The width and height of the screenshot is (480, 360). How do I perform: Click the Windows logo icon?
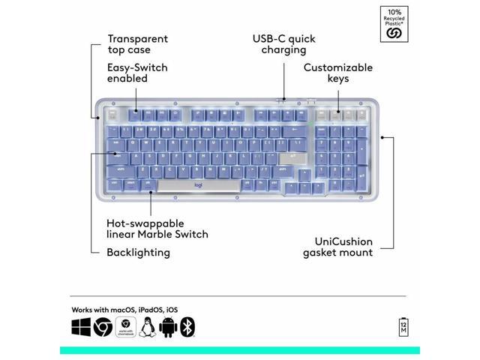click(81, 327)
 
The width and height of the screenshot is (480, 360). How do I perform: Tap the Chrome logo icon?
click(103, 327)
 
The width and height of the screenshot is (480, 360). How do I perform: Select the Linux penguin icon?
click(147, 327)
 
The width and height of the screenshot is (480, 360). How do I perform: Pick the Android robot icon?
click(167, 327)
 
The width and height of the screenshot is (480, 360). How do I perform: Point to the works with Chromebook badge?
click(125, 327)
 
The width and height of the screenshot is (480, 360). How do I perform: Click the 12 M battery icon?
click(403, 327)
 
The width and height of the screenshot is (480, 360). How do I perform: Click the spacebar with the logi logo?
click(198, 185)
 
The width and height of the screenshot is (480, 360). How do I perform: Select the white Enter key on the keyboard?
click(290, 157)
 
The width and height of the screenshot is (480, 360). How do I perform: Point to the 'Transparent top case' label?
click(137, 44)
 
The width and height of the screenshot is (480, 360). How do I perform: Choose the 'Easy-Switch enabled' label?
click(137, 73)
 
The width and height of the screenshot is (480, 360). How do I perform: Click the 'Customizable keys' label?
click(337, 73)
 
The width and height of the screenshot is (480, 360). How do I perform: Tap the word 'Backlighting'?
click(138, 252)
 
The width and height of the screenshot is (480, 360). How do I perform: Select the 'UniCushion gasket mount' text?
click(337, 247)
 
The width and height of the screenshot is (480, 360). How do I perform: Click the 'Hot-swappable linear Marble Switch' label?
click(157, 229)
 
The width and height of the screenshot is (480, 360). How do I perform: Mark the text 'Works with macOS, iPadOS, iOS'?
click(124, 309)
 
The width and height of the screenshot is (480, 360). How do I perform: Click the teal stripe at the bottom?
click(240, 350)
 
